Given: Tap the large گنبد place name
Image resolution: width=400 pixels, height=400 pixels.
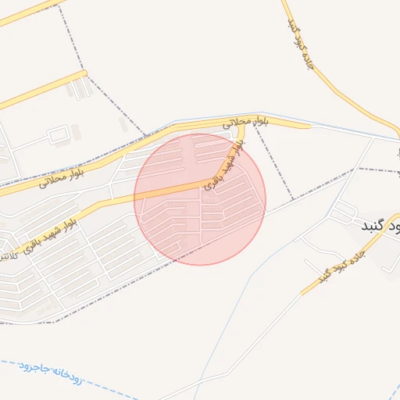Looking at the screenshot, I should pos(379,225).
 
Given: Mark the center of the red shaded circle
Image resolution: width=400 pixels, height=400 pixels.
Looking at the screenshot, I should pos(200,199).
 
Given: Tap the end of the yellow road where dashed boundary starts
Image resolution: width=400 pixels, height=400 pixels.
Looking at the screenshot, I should pos(84,73).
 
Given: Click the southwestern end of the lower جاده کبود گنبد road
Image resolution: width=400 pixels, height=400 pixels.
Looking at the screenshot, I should pos(302,293).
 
